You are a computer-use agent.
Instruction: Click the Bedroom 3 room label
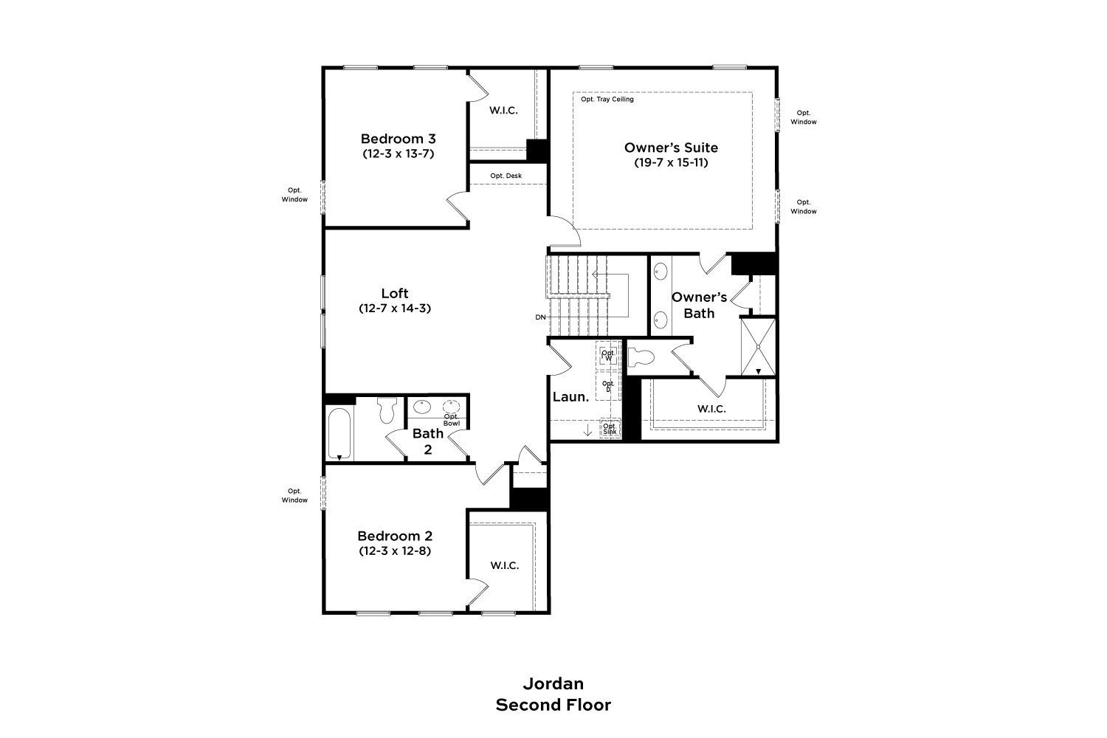coord(398,139)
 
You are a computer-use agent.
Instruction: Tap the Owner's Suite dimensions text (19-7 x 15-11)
coord(671,162)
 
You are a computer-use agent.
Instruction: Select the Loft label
coord(394,293)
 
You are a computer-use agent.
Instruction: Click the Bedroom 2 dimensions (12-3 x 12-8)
coord(394,550)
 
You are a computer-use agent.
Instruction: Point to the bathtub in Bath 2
coord(339,433)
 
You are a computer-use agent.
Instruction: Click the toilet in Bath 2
coord(387,410)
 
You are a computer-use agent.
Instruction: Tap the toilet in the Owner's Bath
coord(641,357)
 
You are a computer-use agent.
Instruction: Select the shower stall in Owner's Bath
coord(758,347)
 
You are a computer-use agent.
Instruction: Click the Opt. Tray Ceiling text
coord(607,99)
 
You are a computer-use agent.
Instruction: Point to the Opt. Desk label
coord(506,176)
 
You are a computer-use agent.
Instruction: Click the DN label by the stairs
coord(540,317)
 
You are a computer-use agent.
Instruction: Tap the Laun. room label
coord(570,396)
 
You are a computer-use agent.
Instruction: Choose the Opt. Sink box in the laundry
coord(610,428)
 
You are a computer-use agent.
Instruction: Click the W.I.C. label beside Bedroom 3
coord(503,110)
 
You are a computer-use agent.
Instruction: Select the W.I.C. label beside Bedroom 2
coord(505,565)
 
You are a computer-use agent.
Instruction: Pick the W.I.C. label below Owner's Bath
coord(711,409)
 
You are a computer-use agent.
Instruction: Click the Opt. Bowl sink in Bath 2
coord(451,407)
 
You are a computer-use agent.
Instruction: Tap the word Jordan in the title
coord(553,683)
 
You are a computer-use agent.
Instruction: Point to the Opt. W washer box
coord(608,355)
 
